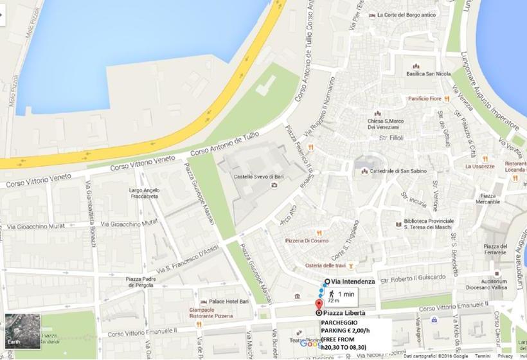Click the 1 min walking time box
(x=341, y=296)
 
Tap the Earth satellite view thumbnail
(x=22, y=331)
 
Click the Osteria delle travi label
(x=325, y=265)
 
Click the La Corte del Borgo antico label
(x=407, y=15)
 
